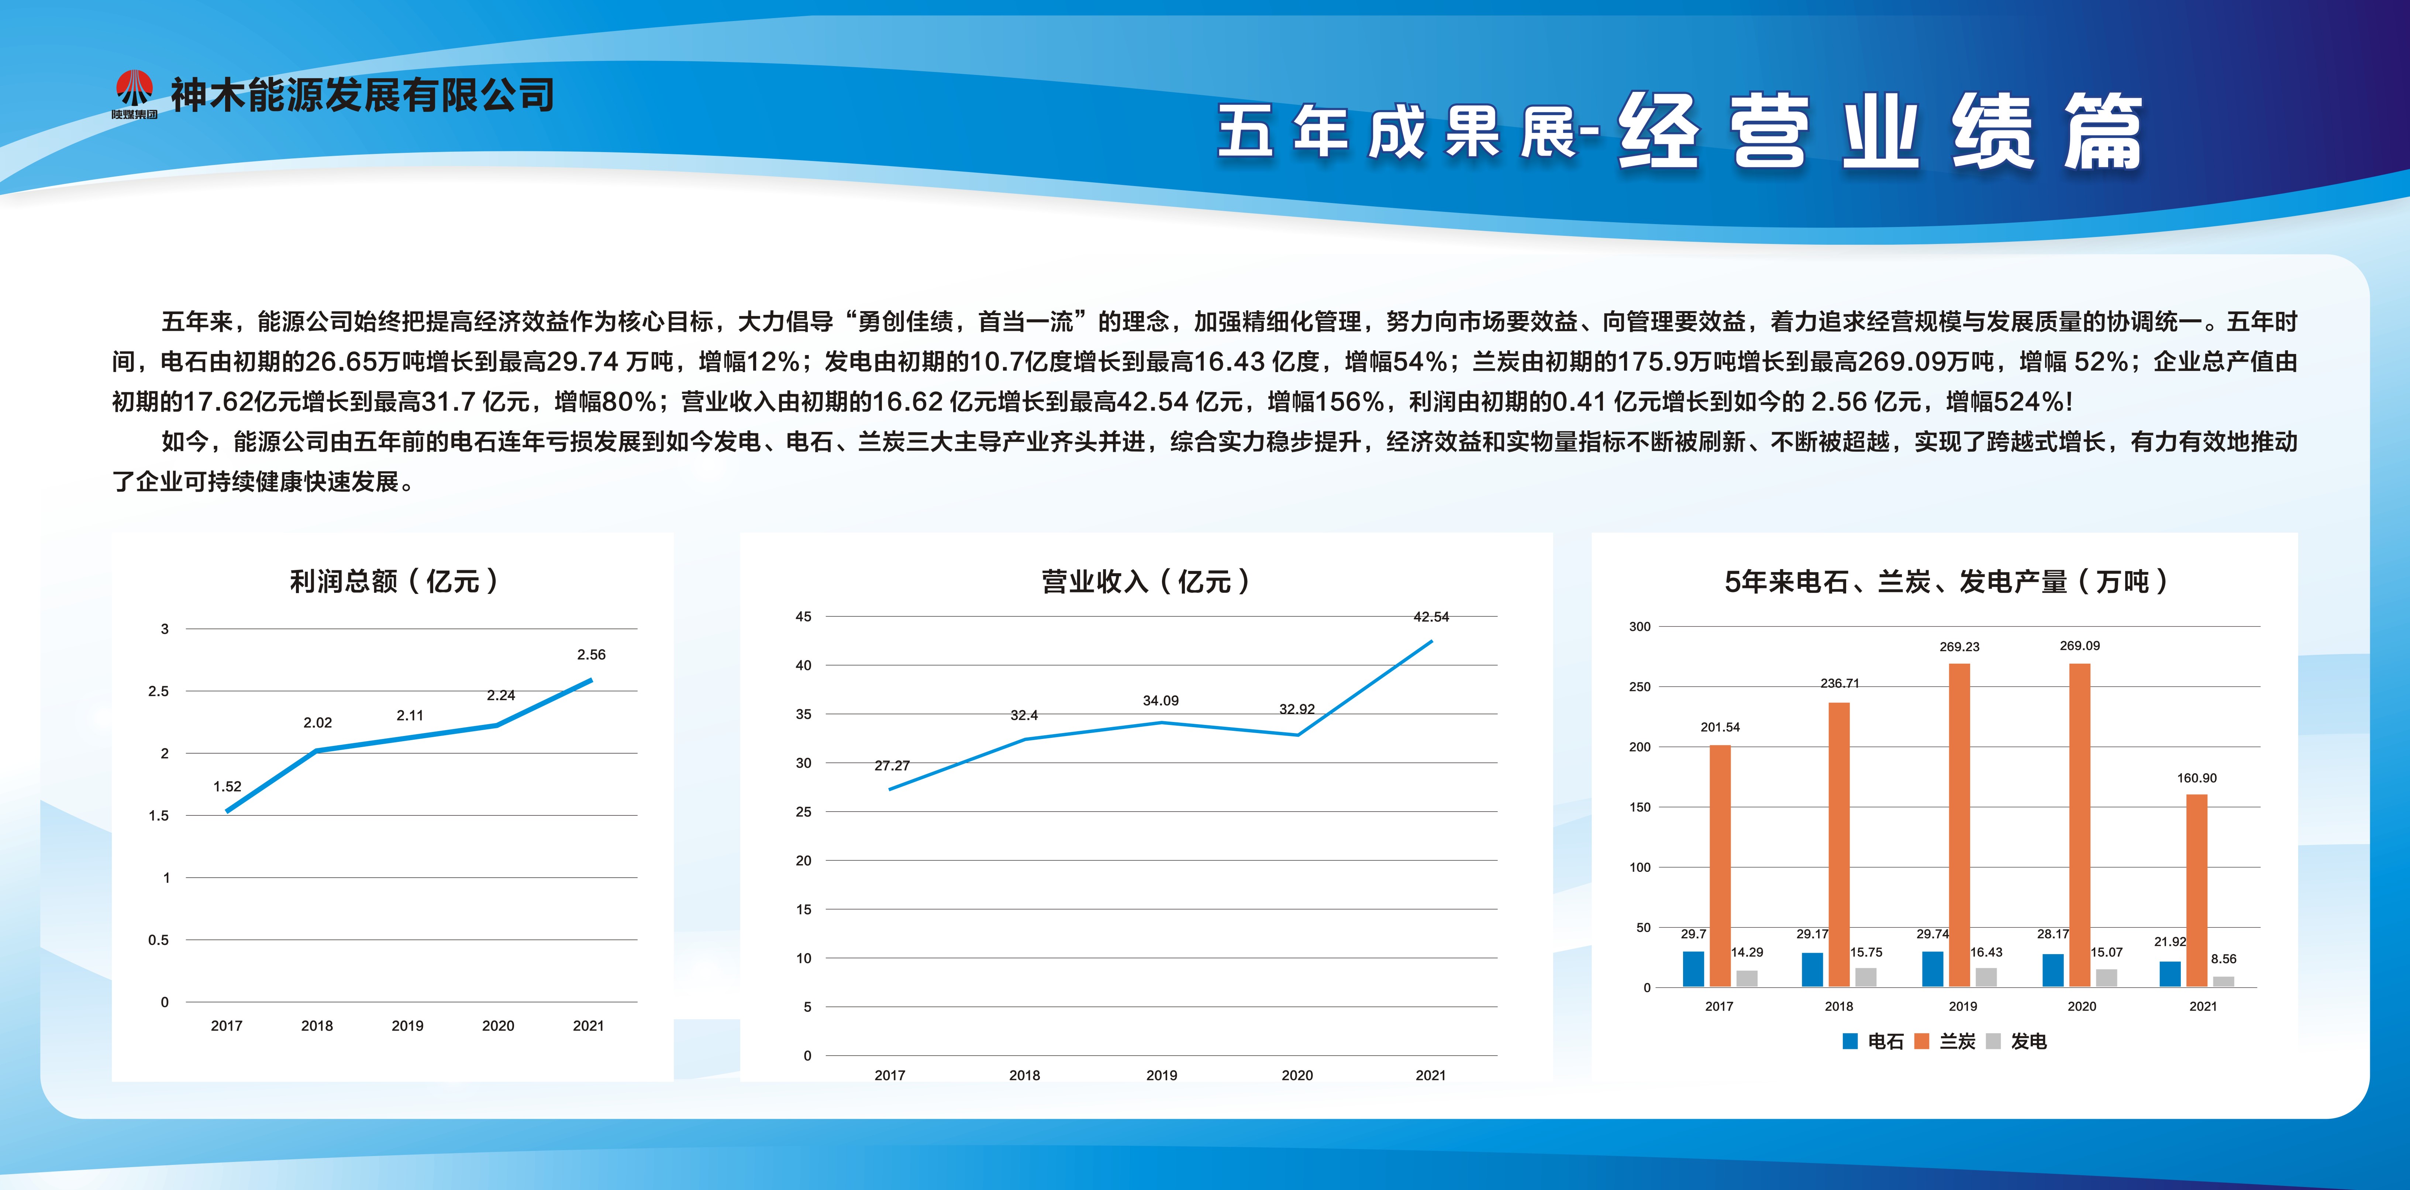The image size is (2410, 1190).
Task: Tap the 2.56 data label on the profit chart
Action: (591, 655)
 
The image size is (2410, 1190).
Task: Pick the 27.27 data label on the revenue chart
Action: (892, 765)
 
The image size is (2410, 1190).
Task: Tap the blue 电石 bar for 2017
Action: (1693, 969)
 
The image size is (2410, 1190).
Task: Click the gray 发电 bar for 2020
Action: (2107, 978)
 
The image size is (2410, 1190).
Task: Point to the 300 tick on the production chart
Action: (1640, 627)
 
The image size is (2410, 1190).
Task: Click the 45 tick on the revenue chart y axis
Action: (804, 616)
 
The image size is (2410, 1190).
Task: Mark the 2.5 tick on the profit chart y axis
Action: (158, 691)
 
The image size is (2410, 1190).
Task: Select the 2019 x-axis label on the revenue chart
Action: (1161, 1075)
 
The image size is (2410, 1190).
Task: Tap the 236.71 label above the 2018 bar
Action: (1839, 683)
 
